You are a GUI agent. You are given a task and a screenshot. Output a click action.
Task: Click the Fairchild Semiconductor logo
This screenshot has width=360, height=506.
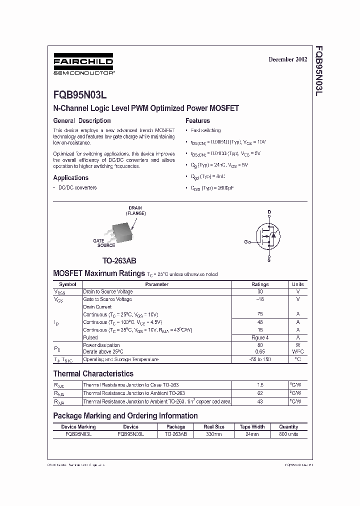(x=83, y=64)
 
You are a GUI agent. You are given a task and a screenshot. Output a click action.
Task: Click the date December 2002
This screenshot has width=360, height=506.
(x=287, y=59)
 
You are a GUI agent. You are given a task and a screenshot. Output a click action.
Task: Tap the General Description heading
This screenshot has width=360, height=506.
(x=82, y=120)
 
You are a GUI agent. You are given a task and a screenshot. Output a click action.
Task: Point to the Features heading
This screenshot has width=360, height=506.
(x=197, y=120)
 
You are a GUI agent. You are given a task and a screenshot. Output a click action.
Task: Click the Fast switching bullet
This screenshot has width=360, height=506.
(x=205, y=130)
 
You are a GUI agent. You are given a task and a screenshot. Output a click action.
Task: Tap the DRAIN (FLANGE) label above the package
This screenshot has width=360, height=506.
(x=135, y=210)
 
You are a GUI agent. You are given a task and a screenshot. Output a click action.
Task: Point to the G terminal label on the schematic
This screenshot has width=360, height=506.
(x=246, y=242)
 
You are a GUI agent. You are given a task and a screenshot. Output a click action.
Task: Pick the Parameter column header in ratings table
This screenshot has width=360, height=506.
(x=156, y=284)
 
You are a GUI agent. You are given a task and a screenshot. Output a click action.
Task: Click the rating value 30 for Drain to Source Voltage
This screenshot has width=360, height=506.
(x=259, y=291)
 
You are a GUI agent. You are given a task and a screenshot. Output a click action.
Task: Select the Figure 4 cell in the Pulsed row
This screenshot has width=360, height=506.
(x=259, y=337)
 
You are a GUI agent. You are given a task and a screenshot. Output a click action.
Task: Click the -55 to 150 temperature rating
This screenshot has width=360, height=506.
(x=259, y=359)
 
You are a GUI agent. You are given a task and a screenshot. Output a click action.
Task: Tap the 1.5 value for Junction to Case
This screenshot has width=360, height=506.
(x=259, y=385)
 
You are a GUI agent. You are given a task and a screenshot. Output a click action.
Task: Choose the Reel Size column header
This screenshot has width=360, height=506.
(x=213, y=427)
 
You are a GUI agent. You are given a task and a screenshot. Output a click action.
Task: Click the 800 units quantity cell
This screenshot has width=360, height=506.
(x=288, y=434)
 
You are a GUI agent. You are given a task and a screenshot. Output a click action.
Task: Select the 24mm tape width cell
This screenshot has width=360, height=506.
(x=251, y=434)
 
